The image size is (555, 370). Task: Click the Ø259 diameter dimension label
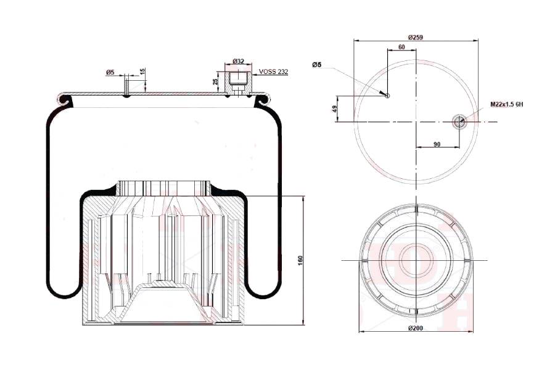[415, 37]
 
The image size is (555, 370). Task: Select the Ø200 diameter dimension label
[415, 328]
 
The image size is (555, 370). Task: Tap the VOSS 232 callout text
[273, 72]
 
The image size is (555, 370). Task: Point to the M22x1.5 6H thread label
[506, 104]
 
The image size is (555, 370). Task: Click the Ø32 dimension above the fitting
[238, 61]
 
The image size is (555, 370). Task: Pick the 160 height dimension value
[300, 261]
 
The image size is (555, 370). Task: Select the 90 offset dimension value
[437, 144]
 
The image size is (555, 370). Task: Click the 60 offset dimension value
[401, 47]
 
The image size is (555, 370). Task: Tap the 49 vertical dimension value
[334, 109]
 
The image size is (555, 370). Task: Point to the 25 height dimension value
[215, 82]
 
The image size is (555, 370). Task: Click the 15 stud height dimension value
[142, 71]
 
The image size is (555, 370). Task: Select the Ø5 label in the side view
[110, 72]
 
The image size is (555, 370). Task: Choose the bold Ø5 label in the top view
[317, 64]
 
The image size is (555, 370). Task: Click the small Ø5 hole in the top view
[387, 96]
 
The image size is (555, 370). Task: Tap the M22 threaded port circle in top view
[459, 122]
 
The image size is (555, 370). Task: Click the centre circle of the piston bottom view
[416, 260]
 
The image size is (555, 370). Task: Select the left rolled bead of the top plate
[65, 99]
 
